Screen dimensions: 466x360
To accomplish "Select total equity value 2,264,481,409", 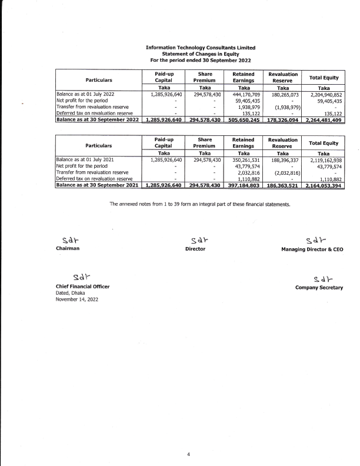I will pos(323,119).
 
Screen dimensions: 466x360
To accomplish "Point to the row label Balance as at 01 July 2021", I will pos(83,159).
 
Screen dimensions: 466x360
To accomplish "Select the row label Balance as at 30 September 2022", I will pos(97,119).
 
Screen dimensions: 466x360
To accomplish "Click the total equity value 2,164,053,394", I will pos(323,185).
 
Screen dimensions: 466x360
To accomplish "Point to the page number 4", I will pos(188,454).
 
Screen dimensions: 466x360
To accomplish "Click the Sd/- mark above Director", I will pos(194,239).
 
